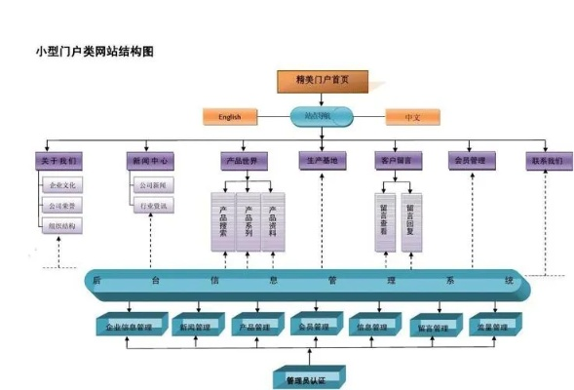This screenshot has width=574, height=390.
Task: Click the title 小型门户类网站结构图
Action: coord(95,50)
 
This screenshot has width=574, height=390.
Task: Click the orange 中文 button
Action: coord(412,117)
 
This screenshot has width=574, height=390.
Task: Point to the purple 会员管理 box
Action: coord(472,160)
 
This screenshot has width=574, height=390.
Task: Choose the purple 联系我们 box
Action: coord(546,160)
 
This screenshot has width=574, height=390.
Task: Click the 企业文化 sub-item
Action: coord(64,184)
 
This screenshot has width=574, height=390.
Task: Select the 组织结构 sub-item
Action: coord(64,225)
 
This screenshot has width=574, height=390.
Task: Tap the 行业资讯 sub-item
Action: coord(153,206)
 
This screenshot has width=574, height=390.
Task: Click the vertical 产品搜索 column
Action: coord(223,222)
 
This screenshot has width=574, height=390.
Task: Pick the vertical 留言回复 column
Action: coord(410,222)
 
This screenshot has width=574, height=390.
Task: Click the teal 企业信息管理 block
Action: coord(128,327)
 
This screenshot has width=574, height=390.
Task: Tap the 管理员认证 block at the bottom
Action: coord(302,377)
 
